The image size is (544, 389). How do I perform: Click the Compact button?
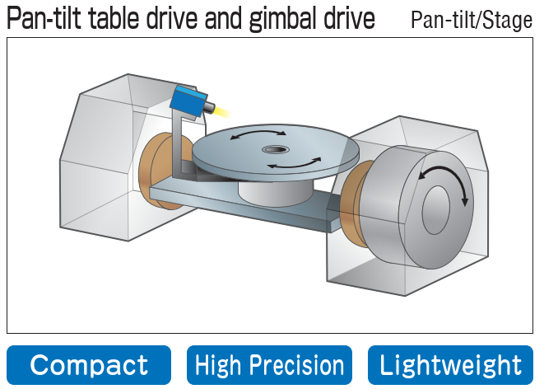(x=89, y=365)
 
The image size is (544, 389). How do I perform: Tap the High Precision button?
(x=270, y=365)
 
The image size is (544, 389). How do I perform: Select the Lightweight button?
(x=451, y=365)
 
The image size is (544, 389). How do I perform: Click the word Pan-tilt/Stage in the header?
(x=472, y=21)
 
